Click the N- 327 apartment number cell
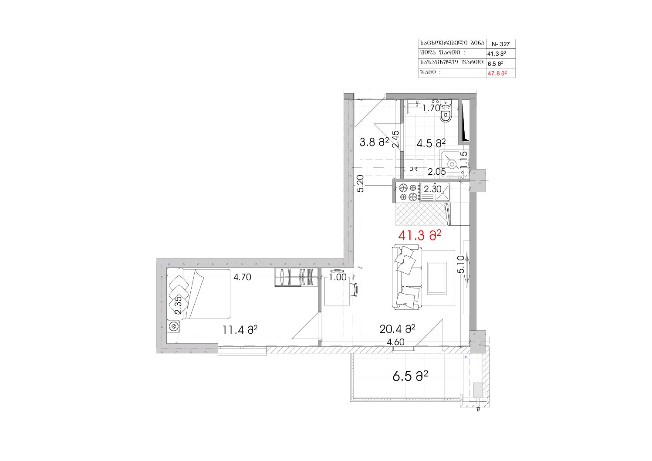click(500, 44)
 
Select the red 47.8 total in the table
click(497, 73)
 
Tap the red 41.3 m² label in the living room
click(419, 235)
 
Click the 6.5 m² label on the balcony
click(410, 376)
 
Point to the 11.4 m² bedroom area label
click(240, 330)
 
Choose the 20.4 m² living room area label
click(397, 329)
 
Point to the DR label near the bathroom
click(413, 169)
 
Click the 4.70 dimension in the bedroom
click(242, 277)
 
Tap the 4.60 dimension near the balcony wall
click(395, 342)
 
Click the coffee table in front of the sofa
click(437, 278)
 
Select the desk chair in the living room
click(354, 290)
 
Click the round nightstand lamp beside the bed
click(174, 326)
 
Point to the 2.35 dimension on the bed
click(178, 305)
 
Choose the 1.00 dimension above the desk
click(338, 277)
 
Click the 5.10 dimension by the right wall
click(461, 264)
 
